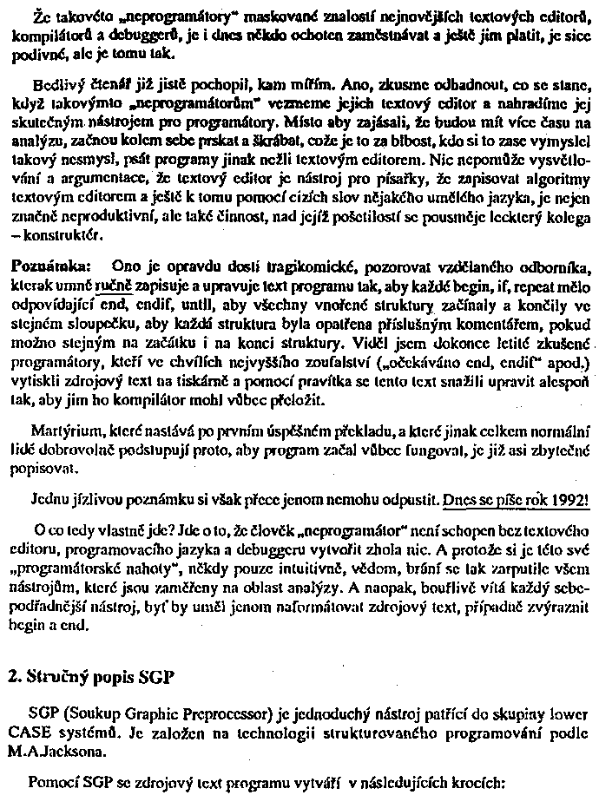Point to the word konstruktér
click(x=61, y=234)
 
